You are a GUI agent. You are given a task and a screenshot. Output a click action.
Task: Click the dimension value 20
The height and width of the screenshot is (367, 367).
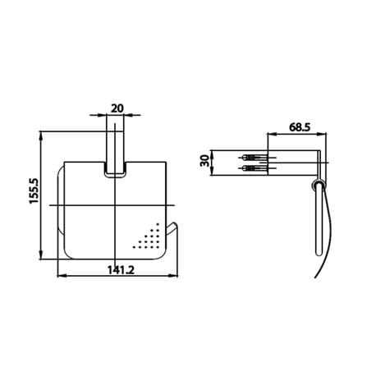click(x=117, y=108)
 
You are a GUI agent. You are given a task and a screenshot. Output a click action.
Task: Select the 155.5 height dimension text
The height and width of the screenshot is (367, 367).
click(x=34, y=190)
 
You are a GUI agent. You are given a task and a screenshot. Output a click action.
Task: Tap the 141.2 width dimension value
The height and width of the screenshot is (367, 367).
click(x=121, y=270)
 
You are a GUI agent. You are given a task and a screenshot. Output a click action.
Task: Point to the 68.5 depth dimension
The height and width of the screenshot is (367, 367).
click(x=300, y=127)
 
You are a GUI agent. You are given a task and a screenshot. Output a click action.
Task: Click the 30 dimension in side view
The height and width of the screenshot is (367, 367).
click(x=204, y=161)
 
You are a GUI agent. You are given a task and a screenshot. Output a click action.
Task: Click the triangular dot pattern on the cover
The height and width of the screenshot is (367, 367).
click(x=148, y=237)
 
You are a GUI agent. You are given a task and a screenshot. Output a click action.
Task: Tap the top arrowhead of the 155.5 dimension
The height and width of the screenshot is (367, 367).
click(x=41, y=135)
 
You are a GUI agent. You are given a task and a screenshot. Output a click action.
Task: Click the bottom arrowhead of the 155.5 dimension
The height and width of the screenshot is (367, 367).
click(x=41, y=255)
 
